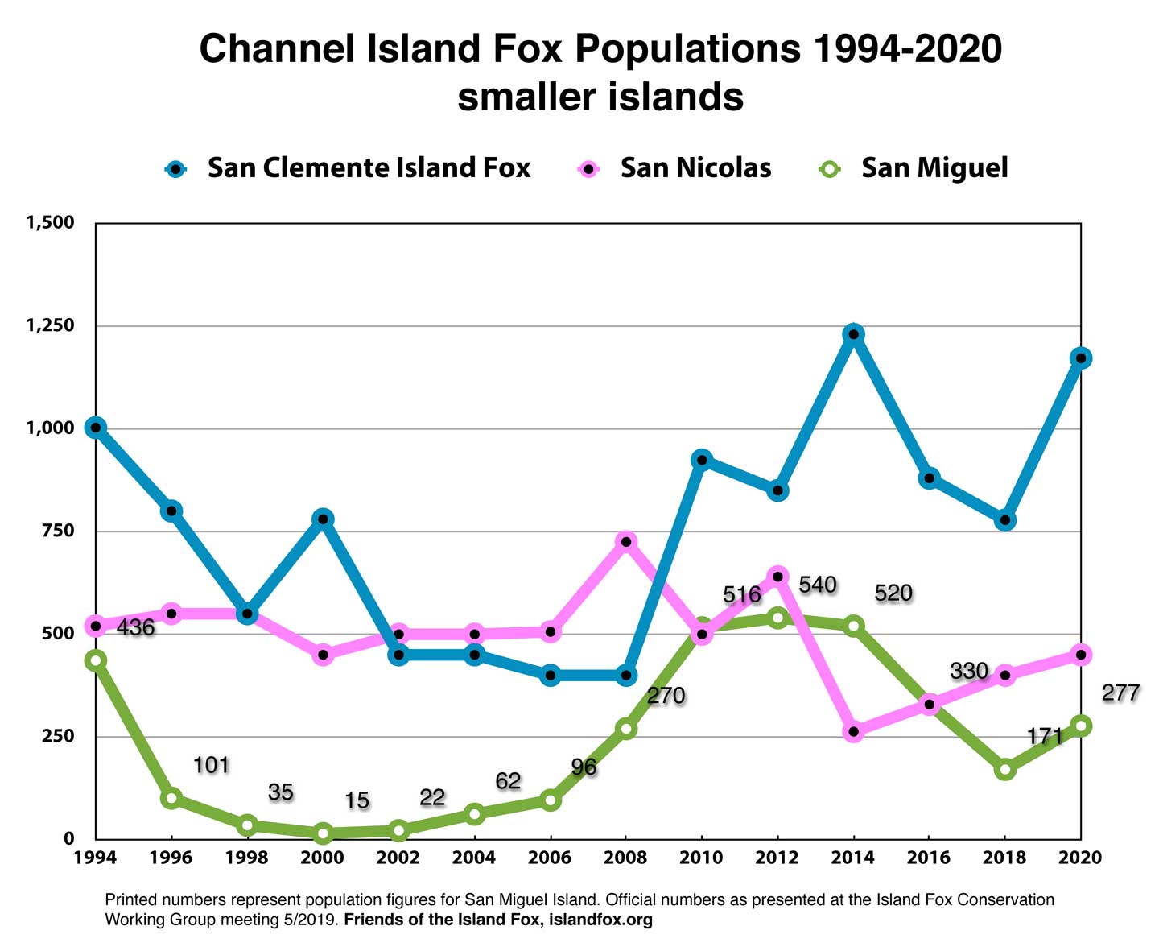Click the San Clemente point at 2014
(853, 334)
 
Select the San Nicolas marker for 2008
(626, 542)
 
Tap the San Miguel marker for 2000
(323, 833)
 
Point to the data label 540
(818, 585)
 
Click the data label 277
(1120, 693)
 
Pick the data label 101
(211, 765)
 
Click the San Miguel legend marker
(830, 169)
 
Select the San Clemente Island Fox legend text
(369, 167)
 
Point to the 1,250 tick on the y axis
(50, 325)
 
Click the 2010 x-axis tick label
(701, 858)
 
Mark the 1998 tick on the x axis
(247, 858)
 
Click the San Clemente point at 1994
(96, 428)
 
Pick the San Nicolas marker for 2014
(853, 732)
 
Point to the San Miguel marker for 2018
(1004, 769)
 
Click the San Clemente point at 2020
(1080, 358)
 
